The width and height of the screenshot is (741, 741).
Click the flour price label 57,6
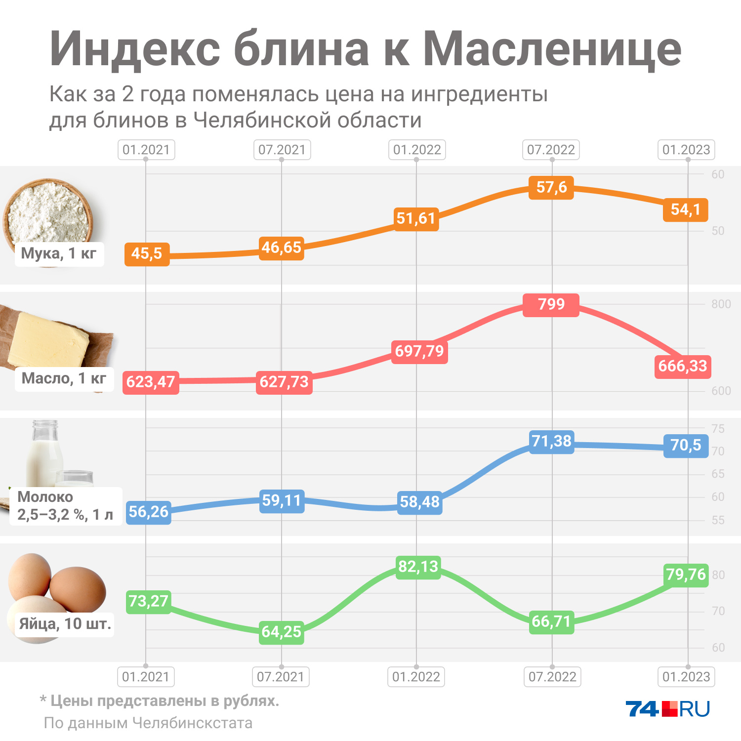551,188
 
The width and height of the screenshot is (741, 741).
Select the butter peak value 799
551,304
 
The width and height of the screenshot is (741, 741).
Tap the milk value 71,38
551,441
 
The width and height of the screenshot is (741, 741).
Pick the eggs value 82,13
418,567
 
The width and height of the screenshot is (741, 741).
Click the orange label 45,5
147,254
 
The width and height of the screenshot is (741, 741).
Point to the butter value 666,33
683,367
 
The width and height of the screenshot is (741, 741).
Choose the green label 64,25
281,632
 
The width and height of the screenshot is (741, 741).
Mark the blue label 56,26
149,512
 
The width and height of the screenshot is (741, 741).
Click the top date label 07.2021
282,150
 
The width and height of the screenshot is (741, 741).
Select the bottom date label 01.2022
416,677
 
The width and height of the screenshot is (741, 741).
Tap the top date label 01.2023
686,150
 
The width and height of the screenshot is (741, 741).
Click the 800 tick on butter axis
721,304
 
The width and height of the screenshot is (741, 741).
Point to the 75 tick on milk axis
718,429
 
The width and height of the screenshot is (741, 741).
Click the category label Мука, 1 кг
59,254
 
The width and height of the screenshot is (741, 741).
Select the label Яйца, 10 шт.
65,624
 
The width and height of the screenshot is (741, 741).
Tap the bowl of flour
48,212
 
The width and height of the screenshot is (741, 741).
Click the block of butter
49,341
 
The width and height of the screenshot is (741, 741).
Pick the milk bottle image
44,452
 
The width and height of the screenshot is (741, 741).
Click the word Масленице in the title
552,49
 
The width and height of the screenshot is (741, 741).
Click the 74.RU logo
667,709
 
